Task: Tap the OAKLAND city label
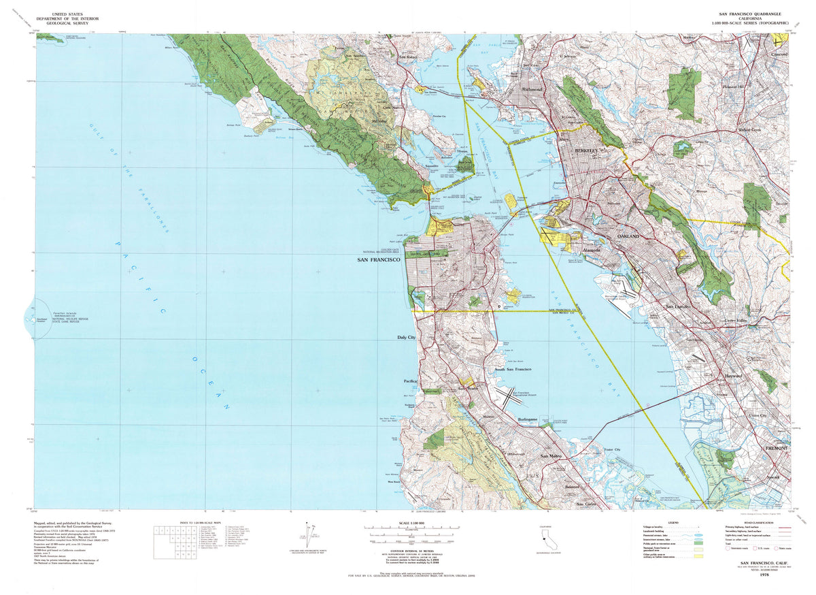(629, 236)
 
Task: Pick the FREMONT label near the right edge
(776, 449)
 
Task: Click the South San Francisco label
(518, 369)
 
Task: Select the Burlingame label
(528, 420)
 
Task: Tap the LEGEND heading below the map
(673, 523)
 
